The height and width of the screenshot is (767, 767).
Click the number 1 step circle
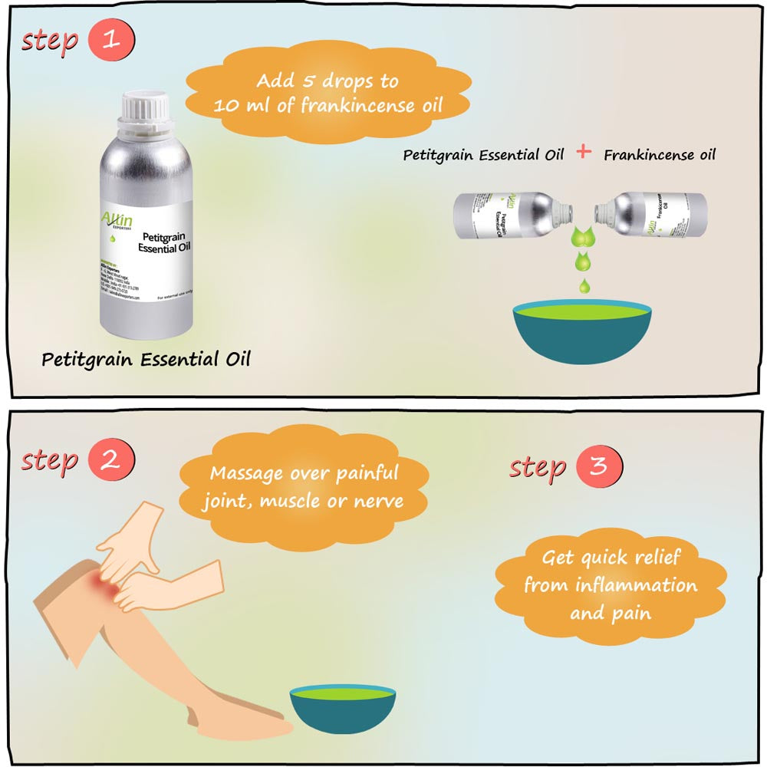pos(112,41)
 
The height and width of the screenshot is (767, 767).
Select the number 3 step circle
pos(600,466)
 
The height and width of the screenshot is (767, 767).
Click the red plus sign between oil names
pos(584,152)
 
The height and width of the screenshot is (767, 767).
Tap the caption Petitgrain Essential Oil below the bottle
pos(146,359)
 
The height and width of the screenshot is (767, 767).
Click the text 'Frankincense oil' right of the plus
pos(659,154)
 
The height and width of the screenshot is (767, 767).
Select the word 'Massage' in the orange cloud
pos(245,473)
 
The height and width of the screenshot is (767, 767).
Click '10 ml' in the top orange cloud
pos(240,105)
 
